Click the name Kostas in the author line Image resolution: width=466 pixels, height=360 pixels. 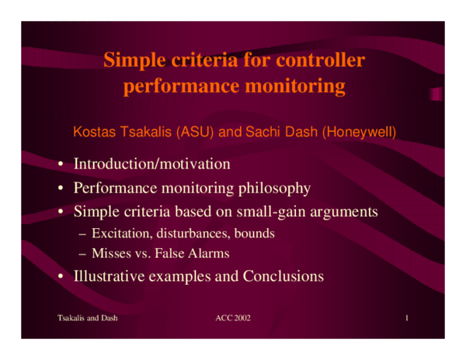92,132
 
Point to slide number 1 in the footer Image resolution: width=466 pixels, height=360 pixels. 406,319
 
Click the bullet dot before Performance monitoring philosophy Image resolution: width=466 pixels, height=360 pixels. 59,189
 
